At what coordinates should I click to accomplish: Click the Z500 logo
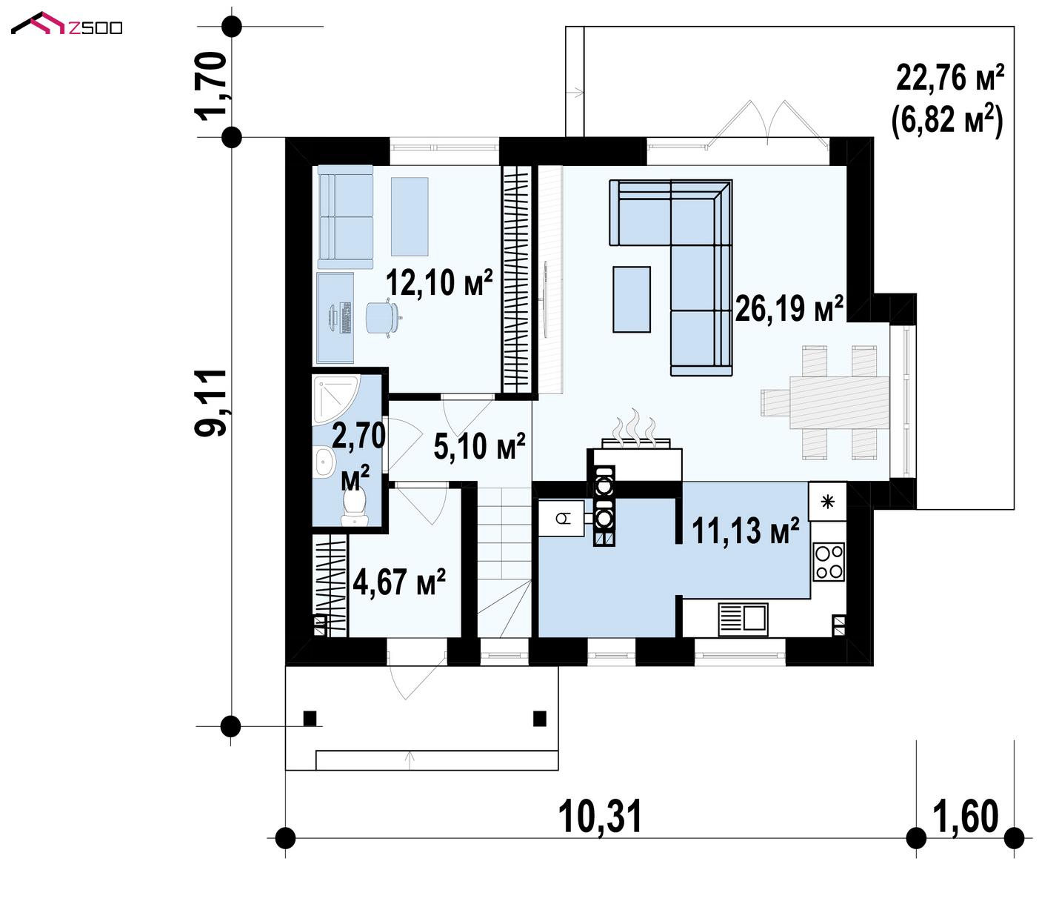[67, 24]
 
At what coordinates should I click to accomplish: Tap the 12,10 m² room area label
[440, 282]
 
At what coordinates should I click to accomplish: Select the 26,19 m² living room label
[789, 308]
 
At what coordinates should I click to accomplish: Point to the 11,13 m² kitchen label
[746, 531]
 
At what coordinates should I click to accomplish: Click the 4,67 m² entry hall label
[399, 582]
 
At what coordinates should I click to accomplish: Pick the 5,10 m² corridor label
[479, 446]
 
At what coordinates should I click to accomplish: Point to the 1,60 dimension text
[966, 817]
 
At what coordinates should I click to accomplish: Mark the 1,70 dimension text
[210, 86]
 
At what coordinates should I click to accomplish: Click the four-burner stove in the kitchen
[828, 562]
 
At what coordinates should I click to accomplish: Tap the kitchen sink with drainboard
[743, 619]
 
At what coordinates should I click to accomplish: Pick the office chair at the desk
[383, 317]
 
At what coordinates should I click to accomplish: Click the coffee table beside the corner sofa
[631, 299]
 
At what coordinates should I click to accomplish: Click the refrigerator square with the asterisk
[828, 502]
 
